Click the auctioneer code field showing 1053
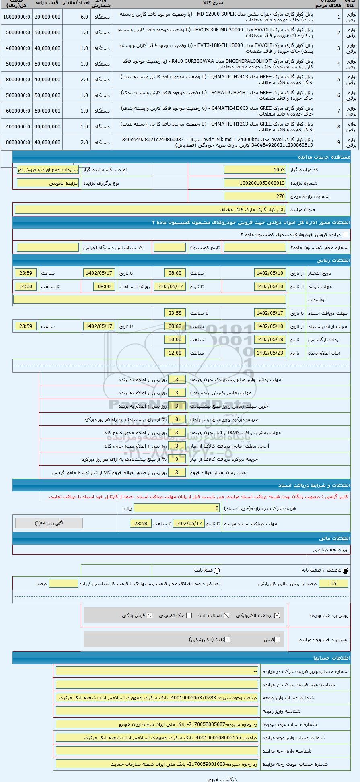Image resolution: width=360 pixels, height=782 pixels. pyautogui.click(x=255, y=170)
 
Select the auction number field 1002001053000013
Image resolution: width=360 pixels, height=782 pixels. pyautogui.click(x=255, y=183)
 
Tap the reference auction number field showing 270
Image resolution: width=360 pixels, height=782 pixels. pyautogui.click(x=255, y=196)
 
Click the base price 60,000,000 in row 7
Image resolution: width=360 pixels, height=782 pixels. pyautogui.click(x=47, y=111)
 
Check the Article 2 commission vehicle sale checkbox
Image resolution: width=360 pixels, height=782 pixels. pyautogui.click(x=345, y=235)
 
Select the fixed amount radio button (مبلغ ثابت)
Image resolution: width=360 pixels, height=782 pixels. pyautogui.click(x=217, y=571)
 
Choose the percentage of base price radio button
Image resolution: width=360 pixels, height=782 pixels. pyautogui.click(x=346, y=571)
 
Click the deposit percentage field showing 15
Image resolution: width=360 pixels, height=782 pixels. pyautogui.click(x=333, y=584)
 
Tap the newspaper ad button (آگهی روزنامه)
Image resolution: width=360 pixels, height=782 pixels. pyautogui.click(x=49, y=523)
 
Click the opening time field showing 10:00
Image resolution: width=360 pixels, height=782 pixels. pyautogui.click(x=175, y=340)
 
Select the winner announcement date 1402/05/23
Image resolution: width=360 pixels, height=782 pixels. pyautogui.click(x=270, y=353)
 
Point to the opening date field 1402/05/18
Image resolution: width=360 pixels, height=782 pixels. pyautogui.click(x=270, y=340)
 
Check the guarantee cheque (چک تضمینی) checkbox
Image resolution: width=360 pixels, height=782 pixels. pyautogui.click(x=189, y=615)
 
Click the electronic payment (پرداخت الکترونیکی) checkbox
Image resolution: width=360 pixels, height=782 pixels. pyautogui.click(x=277, y=615)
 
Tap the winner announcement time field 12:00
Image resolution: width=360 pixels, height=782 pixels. pyautogui.click(x=175, y=353)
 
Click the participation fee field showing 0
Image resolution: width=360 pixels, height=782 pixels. pyautogui.click(x=177, y=508)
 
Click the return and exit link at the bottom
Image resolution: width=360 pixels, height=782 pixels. pyautogui.click(x=223, y=779)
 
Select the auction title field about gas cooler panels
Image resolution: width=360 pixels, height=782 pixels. pyautogui.click(x=150, y=210)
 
